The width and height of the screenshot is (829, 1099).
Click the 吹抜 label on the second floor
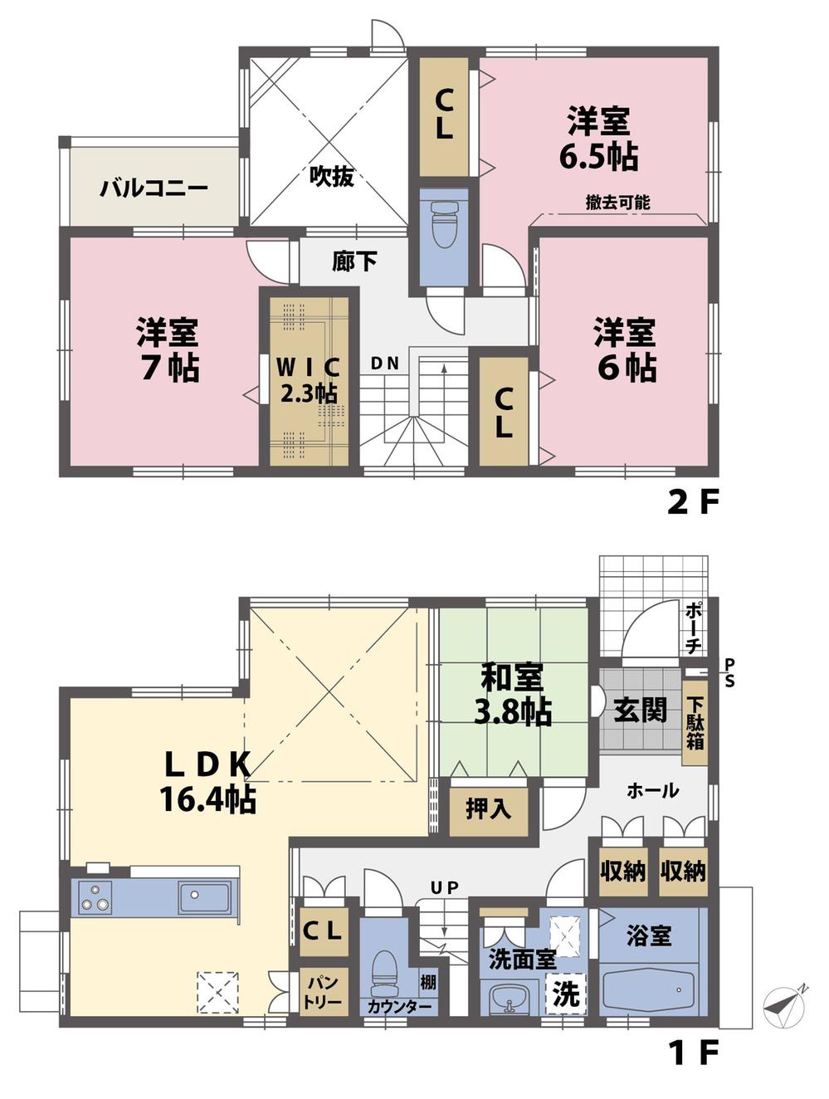click(332, 176)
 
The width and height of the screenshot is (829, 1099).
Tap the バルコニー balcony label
click(154, 188)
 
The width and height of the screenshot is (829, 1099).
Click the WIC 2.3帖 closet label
click(308, 379)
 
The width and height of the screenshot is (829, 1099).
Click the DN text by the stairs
click(385, 363)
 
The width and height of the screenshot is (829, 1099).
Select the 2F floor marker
click(691, 502)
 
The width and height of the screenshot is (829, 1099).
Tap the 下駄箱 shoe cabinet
click(695, 720)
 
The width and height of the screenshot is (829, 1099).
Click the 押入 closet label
click(488, 808)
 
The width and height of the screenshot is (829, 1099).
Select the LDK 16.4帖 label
click(207, 781)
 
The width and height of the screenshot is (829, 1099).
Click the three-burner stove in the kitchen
click(94, 897)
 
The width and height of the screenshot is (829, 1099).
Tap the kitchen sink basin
click(204, 897)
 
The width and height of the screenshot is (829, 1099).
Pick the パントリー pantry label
click(324, 993)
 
